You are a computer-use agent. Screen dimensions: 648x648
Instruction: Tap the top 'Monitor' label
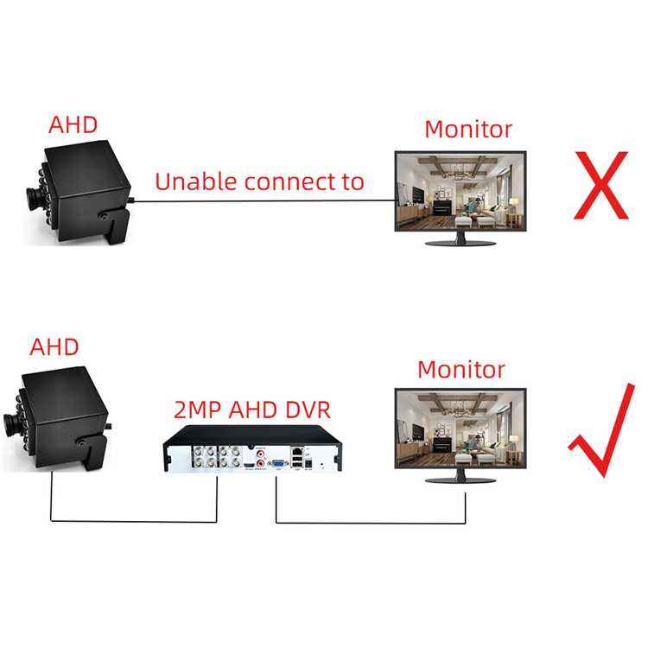pyautogui.click(x=467, y=130)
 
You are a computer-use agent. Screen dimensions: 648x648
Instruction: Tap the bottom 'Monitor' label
pyautogui.click(x=461, y=369)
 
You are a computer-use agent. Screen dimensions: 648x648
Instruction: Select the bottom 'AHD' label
pyautogui.click(x=54, y=347)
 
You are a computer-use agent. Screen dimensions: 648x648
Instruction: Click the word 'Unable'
pyautogui.click(x=195, y=181)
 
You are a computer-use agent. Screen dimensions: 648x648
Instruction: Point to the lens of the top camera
pyautogui.click(x=33, y=198)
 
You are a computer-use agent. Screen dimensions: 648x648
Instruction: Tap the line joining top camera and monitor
pyautogui.click(x=259, y=201)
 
